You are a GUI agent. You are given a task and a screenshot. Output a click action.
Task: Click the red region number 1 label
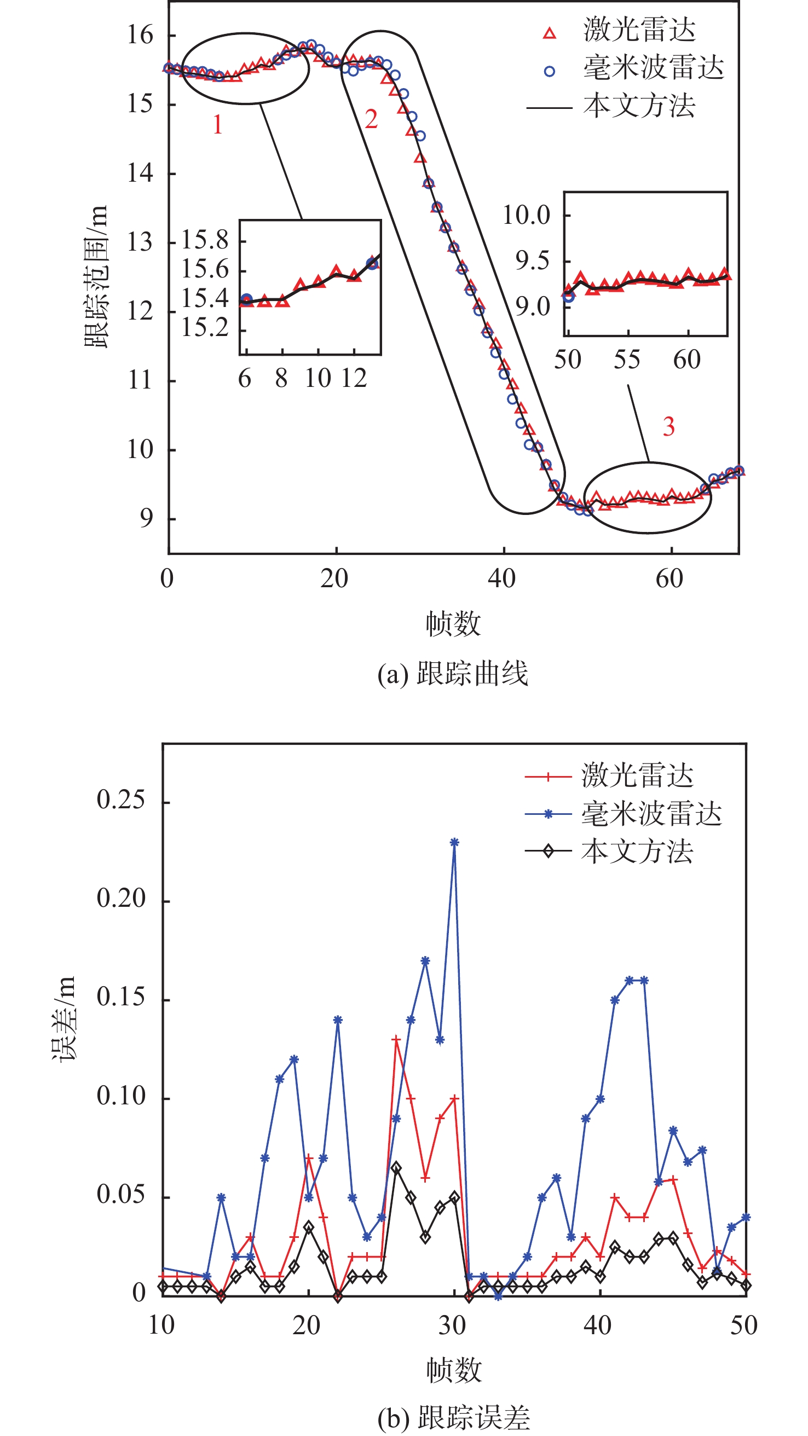(217, 125)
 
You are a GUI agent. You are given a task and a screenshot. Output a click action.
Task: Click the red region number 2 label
(371, 119)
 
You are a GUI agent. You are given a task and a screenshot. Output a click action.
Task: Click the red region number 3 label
(668, 427)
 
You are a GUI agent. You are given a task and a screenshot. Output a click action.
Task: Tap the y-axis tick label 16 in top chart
(140, 36)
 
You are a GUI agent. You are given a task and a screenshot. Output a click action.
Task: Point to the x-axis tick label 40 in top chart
(501, 579)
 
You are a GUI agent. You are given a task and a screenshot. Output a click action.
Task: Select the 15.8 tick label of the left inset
(205, 241)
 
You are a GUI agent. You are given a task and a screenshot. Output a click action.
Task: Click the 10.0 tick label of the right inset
(526, 215)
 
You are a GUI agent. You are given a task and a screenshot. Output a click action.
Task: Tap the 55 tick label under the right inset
(627, 360)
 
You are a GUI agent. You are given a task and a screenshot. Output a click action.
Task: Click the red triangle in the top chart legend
(549, 34)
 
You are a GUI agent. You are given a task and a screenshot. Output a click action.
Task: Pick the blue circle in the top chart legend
(549, 71)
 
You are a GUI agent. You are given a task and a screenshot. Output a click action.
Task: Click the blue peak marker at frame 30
(454, 842)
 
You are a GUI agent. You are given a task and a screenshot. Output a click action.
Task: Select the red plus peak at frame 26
(396, 1040)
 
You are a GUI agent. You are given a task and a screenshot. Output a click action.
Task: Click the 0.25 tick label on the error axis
(120, 801)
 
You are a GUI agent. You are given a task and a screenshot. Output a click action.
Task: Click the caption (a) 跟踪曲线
(453, 674)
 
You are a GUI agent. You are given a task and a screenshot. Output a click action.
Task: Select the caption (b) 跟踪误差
(453, 1418)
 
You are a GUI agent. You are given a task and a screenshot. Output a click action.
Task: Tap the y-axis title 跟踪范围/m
(95, 277)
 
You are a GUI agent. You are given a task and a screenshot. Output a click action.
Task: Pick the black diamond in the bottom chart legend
(548, 851)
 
